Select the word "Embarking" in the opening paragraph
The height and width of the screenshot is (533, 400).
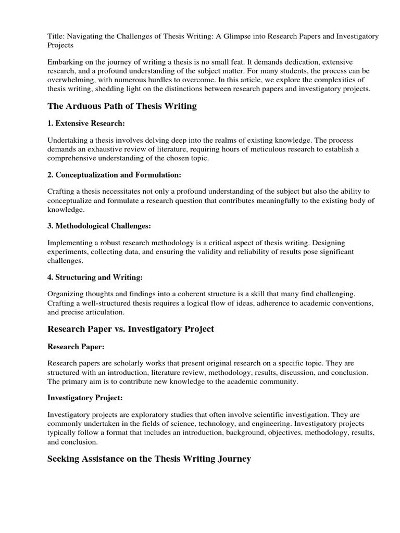pyautogui.click(x=65, y=61)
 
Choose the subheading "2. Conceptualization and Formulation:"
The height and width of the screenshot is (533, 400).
pyautogui.click(x=114, y=175)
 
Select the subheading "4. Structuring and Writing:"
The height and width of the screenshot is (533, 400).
pyautogui.click(x=95, y=277)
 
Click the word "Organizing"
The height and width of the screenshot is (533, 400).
pyautogui.click(x=67, y=294)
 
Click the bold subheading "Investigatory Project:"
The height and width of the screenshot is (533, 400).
pyautogui.click(x=85, y=397)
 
